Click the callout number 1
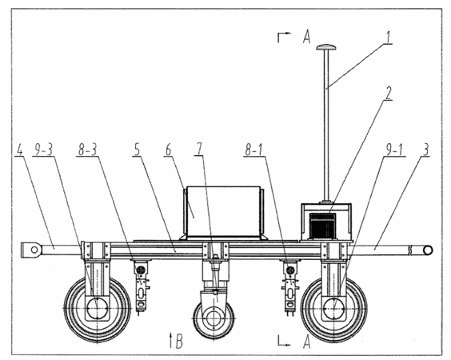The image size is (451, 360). coord(388,38)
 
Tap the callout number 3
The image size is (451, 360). coord(426,150)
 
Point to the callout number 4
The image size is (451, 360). coord(19,150)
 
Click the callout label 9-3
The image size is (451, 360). coord(44,150)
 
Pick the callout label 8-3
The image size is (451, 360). coord(86,150)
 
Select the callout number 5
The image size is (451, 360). coord(137,150)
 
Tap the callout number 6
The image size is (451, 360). coord(168,150)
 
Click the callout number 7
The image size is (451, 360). coord(200,150)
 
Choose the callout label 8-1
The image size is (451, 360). coord(253,150)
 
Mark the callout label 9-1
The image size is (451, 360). coord(394,150)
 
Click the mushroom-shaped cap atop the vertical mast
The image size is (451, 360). coord(326,47)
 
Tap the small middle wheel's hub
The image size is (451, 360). coord(214,318)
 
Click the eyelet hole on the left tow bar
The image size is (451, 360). coord(34,250)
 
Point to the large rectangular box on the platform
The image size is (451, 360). coord(223,211)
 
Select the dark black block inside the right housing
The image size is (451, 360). coord(322,225)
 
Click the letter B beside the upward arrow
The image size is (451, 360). coord(179,342)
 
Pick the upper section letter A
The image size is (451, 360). coord(306,38)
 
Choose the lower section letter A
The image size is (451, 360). coord(306,342)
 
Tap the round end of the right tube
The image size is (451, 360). coord(428,250)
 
